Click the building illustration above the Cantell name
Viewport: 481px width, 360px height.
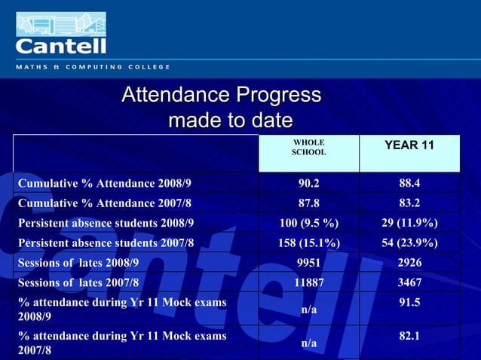click(x=60, y=23)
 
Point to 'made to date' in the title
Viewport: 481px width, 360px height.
click(x=230, y=121)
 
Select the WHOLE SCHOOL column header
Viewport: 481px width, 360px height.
click(x=309, y=147)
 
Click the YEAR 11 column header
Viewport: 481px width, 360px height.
click(x=409, y=145)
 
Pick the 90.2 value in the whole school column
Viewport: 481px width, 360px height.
click(x=309, y=183)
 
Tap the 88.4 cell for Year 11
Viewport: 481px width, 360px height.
click(x=409, y=183)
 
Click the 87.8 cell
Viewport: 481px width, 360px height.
click(x=309, y=203)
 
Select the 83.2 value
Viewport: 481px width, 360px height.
click(x=409, y=203)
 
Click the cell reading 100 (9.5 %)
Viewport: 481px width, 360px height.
click(x=309, y=223)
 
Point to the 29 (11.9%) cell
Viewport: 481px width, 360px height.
click(x=409, y=223)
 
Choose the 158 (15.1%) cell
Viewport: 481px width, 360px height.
click(x=309, y=243)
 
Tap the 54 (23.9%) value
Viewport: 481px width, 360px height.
click(x=409, y=243)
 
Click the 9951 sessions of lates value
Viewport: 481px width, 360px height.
click(x=309, y=263)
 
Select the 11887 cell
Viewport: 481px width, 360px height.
click(x=309, y=282)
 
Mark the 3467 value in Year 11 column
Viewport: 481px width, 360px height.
click(x=409, y=282)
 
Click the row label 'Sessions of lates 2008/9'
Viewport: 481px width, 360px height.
click(x=78, y=263)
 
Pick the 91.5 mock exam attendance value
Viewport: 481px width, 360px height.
click(x=409, y=302)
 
